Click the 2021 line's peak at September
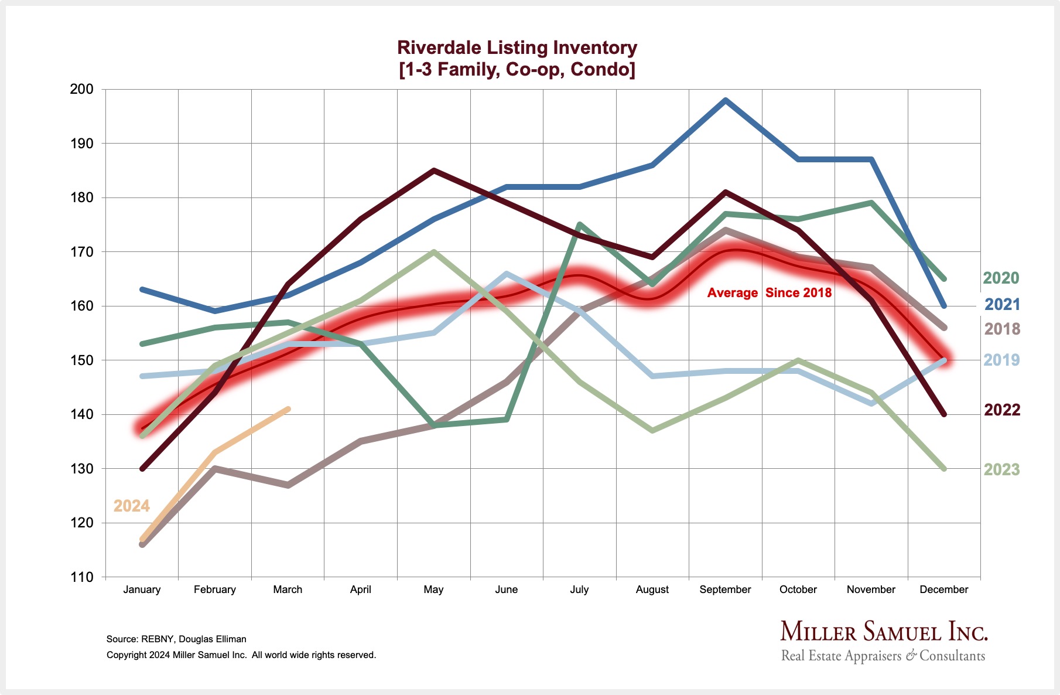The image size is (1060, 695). tap(726, 100)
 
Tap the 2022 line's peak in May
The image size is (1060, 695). tap(433, 171)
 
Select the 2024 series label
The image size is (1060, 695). tap(132, 506)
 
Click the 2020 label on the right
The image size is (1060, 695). tap(1001, 278)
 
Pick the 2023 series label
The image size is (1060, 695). tap(1001, 469)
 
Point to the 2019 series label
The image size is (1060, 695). tap(1001, 360)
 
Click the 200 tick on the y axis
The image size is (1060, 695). tap(82, 89)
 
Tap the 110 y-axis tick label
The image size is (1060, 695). tap(82, 577)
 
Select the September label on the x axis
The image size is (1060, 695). tap(725, 590)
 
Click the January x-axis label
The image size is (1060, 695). tap(142, 590)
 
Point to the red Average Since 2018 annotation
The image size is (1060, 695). tap(769, 293)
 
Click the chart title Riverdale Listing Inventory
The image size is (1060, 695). tap(517, 47)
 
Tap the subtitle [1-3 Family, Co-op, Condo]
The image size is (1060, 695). tap(517, 70)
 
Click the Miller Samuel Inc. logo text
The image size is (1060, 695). tap(884, 632)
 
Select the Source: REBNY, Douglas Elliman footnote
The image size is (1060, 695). tap(176, 639)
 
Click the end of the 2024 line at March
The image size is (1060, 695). tap(288, 409)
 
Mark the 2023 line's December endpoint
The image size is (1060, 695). tap(944, 469)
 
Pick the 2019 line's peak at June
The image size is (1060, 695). tap(507, 273)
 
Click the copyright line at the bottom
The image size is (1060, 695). tap(241, 655)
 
